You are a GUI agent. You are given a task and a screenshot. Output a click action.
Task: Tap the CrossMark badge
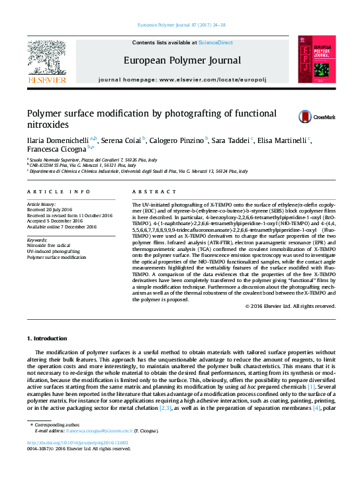(307, 116)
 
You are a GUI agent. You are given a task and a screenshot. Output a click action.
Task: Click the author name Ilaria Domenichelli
(58, 140)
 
